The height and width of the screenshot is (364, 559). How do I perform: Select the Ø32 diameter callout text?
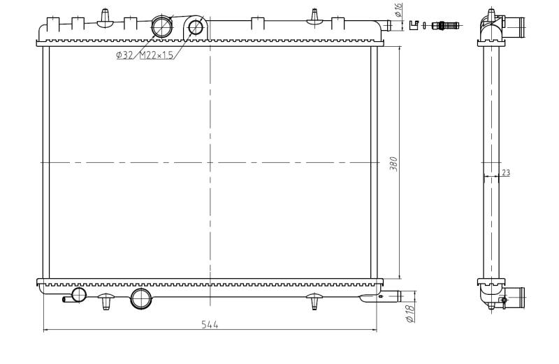point(126,54)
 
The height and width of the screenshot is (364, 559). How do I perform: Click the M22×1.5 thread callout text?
point(157,54)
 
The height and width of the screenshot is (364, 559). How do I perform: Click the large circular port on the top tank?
point(162,27)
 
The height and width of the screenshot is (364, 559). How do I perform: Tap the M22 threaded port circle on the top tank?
point(196,27)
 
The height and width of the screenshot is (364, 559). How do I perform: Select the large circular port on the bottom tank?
point(141,298)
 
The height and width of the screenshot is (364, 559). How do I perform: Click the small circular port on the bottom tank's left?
point(79,294)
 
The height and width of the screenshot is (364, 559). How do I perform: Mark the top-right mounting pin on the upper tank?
point(314,15)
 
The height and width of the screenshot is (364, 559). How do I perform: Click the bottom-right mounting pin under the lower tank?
point(314,300)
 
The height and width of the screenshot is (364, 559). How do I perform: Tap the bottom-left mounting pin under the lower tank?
point(106,300)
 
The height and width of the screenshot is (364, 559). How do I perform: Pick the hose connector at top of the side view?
point(514,27)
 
